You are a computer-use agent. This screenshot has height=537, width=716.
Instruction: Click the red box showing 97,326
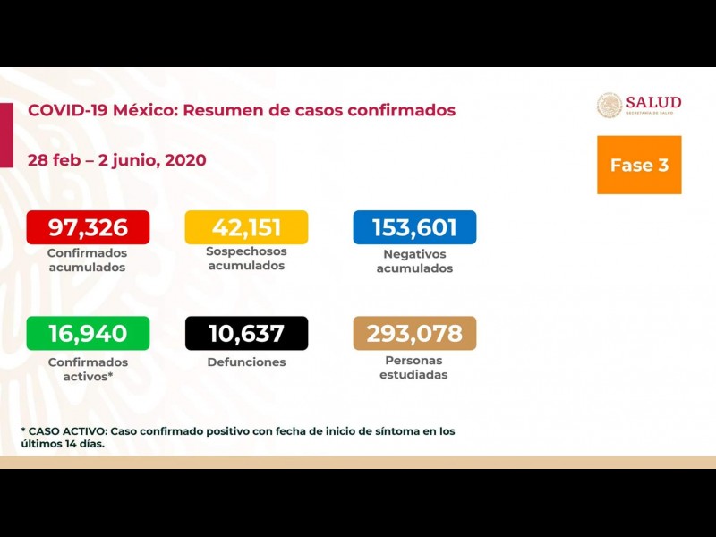(88, 227)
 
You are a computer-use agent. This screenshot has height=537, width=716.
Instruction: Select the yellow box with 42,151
(245, 227)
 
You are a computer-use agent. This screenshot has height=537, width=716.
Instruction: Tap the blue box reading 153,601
(414, 227)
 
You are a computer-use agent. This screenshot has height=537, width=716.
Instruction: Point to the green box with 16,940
(88, 334)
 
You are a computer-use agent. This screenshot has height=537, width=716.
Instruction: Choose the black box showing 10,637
(246, 334)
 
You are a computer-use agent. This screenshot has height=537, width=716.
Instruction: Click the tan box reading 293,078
(414, 334)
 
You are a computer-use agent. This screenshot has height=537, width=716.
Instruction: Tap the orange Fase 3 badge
(639, 165)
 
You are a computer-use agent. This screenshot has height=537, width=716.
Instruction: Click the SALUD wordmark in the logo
(653, 102)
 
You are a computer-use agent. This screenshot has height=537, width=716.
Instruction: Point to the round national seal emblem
(609, 106)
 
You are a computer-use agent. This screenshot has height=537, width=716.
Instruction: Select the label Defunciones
(246, 362)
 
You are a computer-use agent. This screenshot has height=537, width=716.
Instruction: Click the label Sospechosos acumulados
(246, 259)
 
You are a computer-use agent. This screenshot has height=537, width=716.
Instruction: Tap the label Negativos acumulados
(414, 261)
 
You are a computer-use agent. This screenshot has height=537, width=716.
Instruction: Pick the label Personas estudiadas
(414, 368)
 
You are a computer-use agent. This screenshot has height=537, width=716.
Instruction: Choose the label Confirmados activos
(88, 369)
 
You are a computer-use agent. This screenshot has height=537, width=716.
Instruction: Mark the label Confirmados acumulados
(88, 260)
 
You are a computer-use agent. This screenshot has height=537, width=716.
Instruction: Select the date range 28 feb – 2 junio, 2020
(117, 160)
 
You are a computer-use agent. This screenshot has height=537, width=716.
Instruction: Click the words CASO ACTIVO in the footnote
(66, 431)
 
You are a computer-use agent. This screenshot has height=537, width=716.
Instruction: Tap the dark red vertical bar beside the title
(6, 134)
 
